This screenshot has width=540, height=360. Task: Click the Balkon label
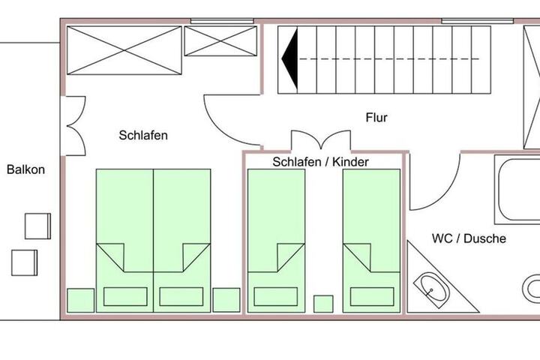click(x=25, y=169)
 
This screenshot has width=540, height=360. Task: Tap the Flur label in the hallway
click(x=376, y=118)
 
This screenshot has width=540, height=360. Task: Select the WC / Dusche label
click(x=469, y=238)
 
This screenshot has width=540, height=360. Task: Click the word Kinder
click(x=350, y=162)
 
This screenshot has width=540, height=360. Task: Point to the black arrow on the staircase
click(x=290, y=59)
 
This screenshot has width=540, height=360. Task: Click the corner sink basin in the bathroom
click(x=431, y=290)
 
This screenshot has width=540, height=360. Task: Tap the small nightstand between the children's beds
click(x=323, y=304)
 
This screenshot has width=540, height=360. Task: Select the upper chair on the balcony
click(x=38, y=226)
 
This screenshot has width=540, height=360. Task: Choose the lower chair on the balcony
click(x=25, y=262)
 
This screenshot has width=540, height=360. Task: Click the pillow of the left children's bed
click(x=276, y=296)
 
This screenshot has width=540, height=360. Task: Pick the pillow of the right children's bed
click(x=372, y=296)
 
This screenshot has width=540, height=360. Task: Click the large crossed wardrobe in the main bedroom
click(x=124, y=50)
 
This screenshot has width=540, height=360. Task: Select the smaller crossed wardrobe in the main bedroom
click(x=220, y=41)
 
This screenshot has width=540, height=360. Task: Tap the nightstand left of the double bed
click(x=80, y=301)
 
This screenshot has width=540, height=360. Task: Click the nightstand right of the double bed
click(x=226, y=300)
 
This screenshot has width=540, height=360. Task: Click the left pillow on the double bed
click(x=125, y=296)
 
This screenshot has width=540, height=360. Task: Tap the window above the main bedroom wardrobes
click(x=222, y=21)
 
